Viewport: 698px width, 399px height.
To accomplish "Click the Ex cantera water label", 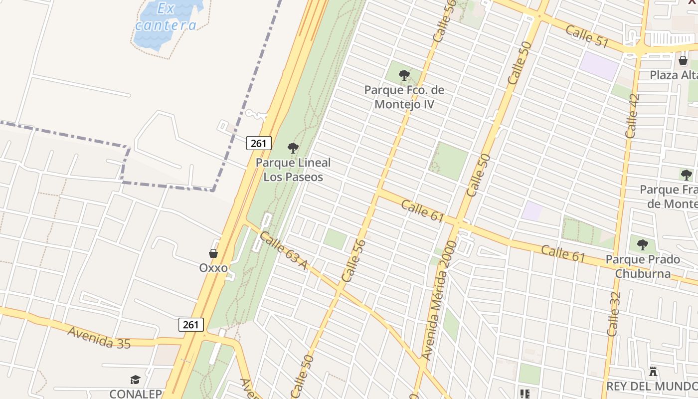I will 166,16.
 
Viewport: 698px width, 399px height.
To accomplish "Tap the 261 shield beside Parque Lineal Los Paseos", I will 259,144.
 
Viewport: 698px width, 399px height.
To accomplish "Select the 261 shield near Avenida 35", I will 190,325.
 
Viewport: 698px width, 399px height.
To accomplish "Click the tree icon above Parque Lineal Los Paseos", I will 293,148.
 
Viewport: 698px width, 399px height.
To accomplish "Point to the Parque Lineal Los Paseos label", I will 293,170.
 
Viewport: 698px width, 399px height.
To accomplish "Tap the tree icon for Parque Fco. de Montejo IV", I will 404,76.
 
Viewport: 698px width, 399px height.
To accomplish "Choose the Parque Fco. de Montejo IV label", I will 404,97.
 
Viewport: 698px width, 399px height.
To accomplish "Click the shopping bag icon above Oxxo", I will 213,253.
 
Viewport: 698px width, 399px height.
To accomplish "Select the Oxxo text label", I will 213,268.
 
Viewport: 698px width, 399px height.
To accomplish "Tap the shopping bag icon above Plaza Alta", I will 683,60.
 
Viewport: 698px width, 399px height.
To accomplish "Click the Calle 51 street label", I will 587,37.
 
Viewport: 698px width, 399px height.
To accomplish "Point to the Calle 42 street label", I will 632,116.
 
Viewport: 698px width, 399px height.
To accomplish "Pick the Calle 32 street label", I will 614,314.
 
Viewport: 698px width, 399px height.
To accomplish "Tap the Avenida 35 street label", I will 99,338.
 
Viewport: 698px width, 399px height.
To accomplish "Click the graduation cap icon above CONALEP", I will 135,380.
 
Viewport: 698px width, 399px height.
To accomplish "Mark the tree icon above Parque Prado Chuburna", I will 643,245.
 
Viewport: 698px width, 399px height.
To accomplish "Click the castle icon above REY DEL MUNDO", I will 653,372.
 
